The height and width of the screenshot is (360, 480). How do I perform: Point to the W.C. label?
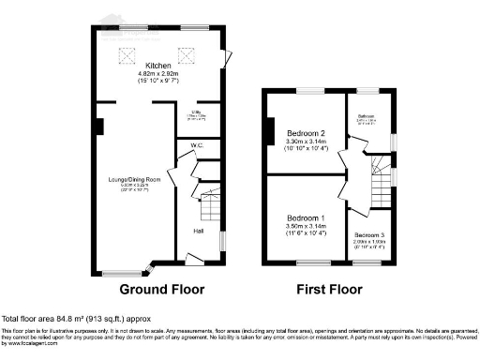click(198, 145)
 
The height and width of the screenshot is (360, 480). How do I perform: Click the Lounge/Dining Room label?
click(134, 178)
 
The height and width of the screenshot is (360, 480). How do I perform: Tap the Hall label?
click(199, 231)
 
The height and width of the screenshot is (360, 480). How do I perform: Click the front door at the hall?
click(193, 258)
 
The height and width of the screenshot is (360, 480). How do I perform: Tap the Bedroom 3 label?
click(368, 234)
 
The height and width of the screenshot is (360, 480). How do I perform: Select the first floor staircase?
click(380, 184)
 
